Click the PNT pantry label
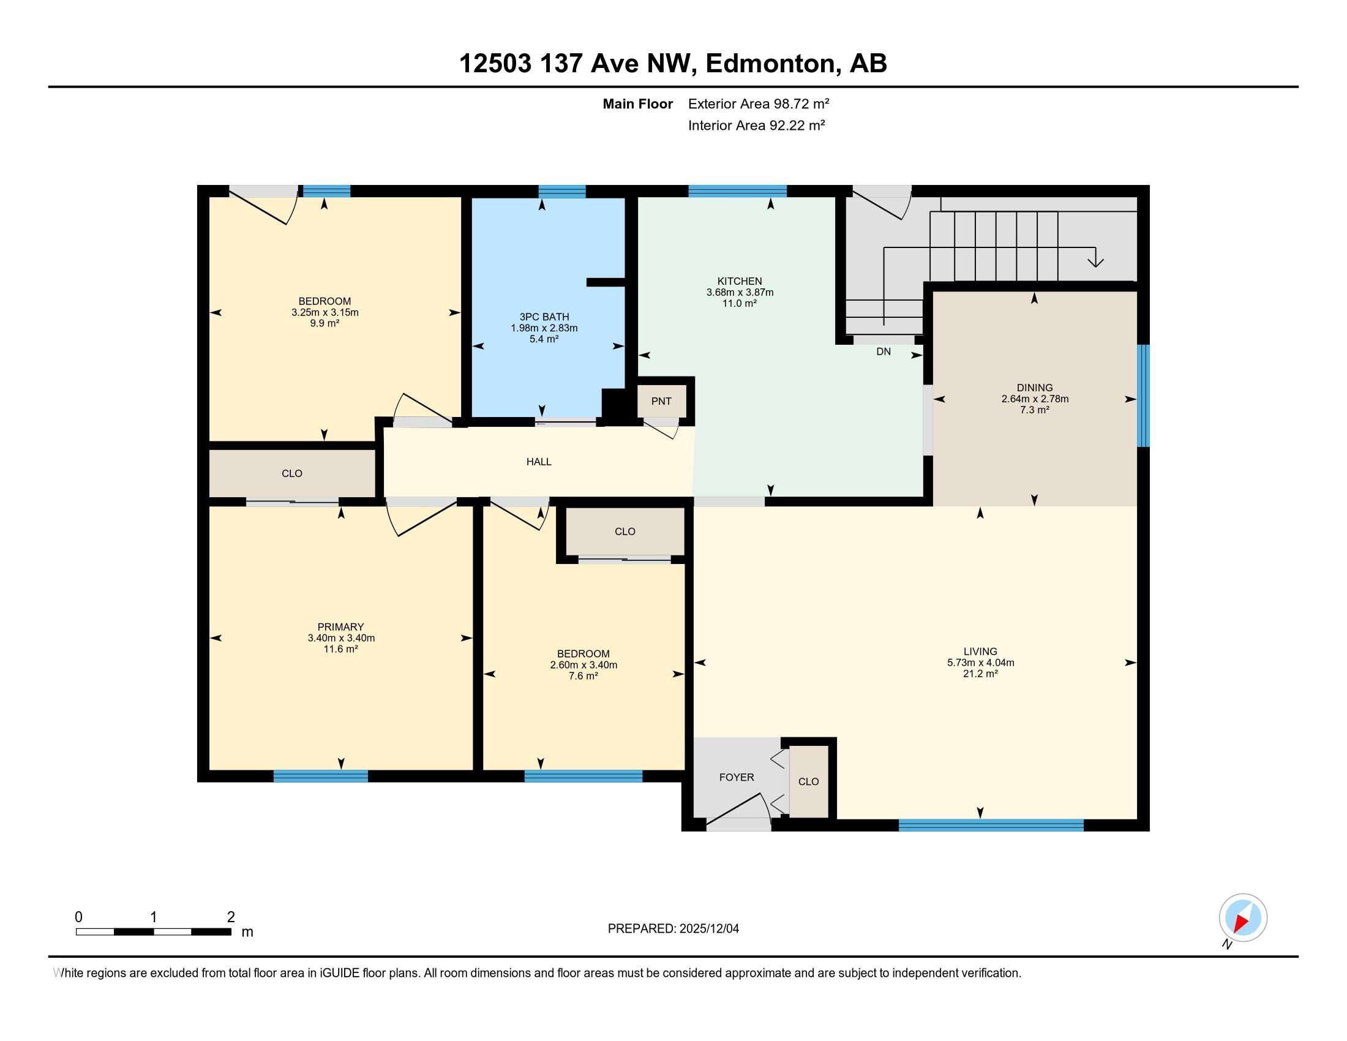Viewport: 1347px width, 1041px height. point(661,402)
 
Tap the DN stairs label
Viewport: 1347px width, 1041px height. point(883,351)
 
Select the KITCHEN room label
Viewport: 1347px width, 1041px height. point(740,281)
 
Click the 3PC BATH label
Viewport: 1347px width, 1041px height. point(544,317)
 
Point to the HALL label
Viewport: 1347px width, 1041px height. point(538,461)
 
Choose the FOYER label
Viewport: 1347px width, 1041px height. point(737,777)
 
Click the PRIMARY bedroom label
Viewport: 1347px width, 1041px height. point(340,626)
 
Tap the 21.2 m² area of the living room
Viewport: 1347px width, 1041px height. point(981,674)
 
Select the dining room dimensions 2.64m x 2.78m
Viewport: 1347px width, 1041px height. point(1035,399)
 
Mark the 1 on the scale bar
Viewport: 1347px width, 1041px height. point(153,917)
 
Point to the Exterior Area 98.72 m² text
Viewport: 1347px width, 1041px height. point(759,103)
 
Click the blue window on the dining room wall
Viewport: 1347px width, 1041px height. point(1144,396)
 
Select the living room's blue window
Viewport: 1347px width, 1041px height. point(991,825)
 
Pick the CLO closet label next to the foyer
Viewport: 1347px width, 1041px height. point(808,781)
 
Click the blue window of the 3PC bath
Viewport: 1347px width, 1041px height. point(562,191)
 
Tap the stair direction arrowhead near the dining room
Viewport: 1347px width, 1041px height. point(1095,261)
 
